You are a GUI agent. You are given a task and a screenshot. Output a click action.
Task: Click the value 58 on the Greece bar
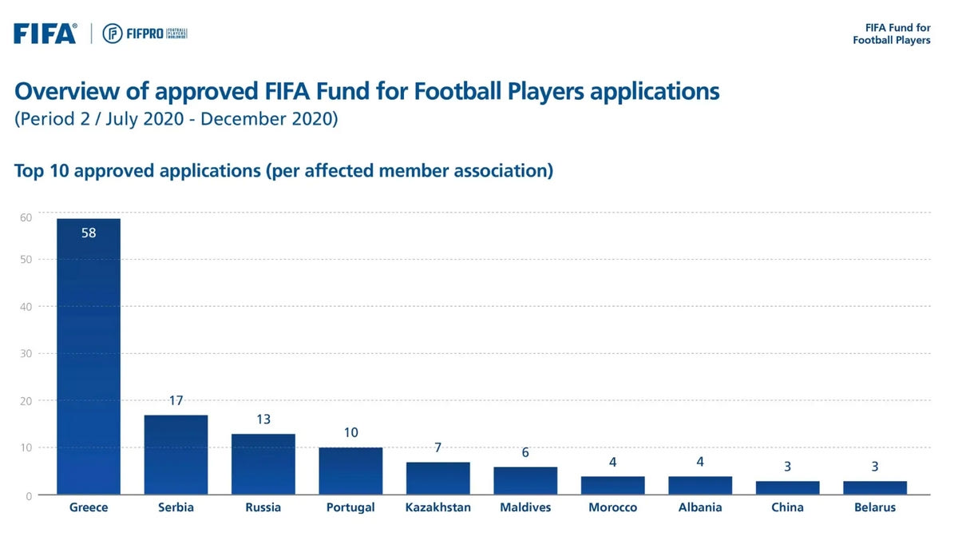click(x=88, y=233)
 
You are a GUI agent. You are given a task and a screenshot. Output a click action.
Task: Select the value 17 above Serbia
click(x=176, y=400)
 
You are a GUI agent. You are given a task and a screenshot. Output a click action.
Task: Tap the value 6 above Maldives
click(x=525, y=452)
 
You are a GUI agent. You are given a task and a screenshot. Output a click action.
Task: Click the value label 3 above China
click(x=787, y=467)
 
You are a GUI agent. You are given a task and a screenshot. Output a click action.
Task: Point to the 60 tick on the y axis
click(x=26, y=217)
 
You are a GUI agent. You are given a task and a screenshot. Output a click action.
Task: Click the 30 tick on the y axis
click(x=26, y=353)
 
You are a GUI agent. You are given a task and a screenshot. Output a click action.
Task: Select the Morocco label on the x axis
click(x=612, y=507)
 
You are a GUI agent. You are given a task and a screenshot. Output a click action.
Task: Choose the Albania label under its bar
click(x=700, y=507)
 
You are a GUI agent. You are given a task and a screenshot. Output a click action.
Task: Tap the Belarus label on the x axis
click(x=875, y=507)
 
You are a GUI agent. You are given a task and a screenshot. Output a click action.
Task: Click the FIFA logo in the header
click(x=45, y=34)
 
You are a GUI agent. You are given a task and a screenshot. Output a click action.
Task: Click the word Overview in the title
click(x=71, y=91)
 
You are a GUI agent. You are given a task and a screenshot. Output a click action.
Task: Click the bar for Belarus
click(x=875, y=487)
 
